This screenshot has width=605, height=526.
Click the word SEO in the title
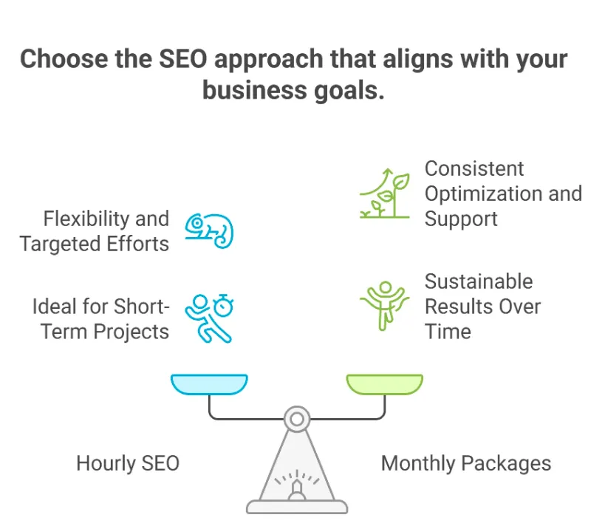[x=183, y=59]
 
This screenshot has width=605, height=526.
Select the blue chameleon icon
[x=209, y=230]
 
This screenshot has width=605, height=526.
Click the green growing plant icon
[x=385, y=194]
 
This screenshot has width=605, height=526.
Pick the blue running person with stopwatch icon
[x=209, y=318]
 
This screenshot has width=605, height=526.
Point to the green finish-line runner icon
[x=384, y=306]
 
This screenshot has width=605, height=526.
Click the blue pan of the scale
[x=209, y=384]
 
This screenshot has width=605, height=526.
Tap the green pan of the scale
[x=385, y=384]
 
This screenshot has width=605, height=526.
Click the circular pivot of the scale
[x=297, y=419]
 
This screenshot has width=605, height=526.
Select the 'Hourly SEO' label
[x=128, y=463]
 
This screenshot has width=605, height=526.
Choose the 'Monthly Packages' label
[x=466, y=464]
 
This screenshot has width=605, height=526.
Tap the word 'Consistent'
[x=474, y=168]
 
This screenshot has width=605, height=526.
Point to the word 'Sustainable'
[x=479, y=281]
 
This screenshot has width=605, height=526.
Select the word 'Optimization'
[x=484, y=194]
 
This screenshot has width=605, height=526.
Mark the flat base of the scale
[x=297, y=507]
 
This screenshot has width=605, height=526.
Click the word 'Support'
[x=461, y=219]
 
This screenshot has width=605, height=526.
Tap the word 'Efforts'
[x=137, y=244]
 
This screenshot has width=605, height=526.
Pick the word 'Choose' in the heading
[x=64, y=59]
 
